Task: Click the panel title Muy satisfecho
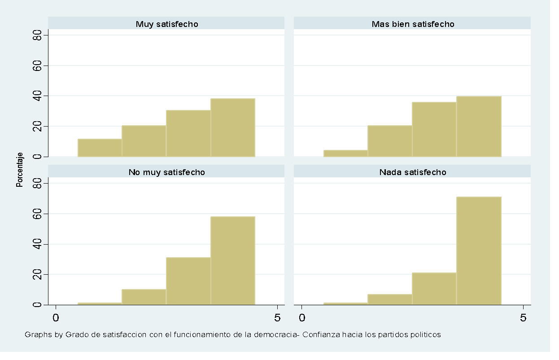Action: pyautogui.click(x=166, y=24)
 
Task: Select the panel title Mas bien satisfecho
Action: pyautogui.click(x=412, y=24)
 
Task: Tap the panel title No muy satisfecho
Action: pyautogui.click(x=166, y=172)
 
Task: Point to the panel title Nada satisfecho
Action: pyautogui.click(x=412, y=172)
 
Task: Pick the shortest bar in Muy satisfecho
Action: pyautogui.click(x=100, y=148)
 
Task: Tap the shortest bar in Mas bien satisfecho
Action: pyautogui.click(x=345, y=153)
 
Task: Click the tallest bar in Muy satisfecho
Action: pyautogui.click(x=233, y=127)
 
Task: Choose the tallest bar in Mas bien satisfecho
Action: pyautogui.click(x=479, y=126)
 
